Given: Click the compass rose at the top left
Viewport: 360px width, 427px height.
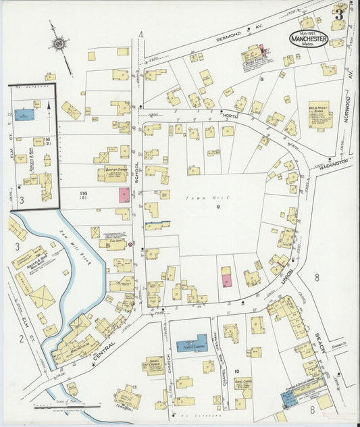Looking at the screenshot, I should coord(59,45).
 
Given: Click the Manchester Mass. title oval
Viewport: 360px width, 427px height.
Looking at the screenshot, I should coord(309,38).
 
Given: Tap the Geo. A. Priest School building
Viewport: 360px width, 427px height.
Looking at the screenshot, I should coord(319,114).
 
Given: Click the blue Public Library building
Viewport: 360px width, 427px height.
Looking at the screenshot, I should coord(192,344).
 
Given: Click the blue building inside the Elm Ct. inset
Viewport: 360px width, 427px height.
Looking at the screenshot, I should coord(24,115).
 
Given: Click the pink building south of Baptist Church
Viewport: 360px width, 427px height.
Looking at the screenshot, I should coord(124,195).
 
